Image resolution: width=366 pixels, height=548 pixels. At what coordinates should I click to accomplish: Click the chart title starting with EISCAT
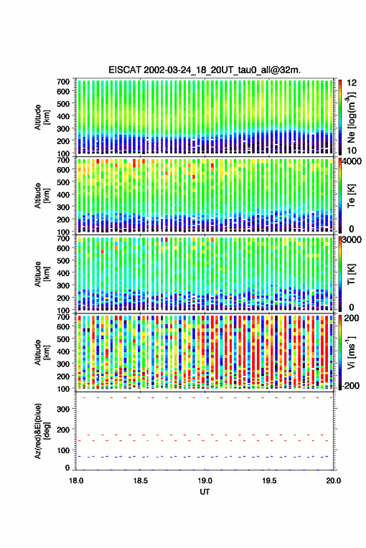coord(205,70)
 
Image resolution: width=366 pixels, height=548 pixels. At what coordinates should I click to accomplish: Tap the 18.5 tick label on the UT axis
coord(140,481)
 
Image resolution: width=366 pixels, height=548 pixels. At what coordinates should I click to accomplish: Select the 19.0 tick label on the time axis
coord(205,481)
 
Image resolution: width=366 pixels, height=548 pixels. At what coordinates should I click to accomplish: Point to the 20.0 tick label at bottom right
coord(334,481)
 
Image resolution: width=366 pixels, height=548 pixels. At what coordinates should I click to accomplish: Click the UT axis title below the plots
coord(205,492)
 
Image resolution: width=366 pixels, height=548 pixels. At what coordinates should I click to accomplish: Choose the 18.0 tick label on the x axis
coord(76,481)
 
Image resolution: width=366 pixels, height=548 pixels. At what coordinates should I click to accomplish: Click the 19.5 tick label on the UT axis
coord(269,481)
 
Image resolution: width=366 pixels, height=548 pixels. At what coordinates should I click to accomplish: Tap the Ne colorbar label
coord(351,117)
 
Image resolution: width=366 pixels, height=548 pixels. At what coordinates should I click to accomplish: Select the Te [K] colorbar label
coord(352,196)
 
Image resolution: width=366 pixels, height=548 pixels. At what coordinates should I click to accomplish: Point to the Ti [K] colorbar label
coord(352,274)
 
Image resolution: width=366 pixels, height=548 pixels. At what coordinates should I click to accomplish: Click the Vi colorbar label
coord(351,352)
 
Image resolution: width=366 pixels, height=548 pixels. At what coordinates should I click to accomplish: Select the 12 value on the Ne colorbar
coord(352,83)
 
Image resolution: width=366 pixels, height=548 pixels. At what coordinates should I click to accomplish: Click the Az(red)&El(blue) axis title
coord(42,431)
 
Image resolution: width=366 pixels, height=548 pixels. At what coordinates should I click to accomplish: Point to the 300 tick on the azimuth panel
coord(63,409)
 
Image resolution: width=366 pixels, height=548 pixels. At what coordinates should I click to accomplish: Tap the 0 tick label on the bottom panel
coord(67,468)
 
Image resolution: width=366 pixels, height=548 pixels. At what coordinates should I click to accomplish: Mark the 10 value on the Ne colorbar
coord(352,150)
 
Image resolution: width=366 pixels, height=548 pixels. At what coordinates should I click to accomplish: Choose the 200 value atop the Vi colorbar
coord(351,318)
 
